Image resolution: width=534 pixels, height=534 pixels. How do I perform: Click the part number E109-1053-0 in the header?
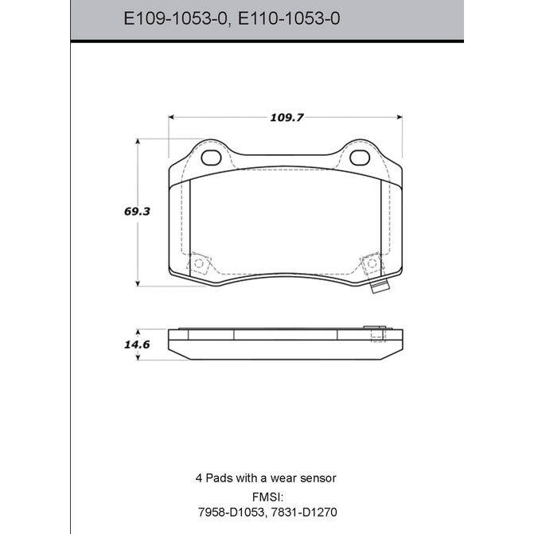[175, 18]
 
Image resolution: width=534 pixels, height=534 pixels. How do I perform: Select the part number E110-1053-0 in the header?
[288, 18]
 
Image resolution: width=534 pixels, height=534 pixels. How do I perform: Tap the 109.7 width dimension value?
[286, 118]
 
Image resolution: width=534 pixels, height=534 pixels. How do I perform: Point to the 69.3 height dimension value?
[137, 212]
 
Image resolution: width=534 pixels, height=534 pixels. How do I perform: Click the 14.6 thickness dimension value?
[137, 345]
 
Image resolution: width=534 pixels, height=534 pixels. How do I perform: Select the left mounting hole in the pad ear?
[211, 158]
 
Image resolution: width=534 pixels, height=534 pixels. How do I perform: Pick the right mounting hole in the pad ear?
[360, 158]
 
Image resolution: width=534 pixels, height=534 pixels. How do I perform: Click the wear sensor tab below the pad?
[380, 288]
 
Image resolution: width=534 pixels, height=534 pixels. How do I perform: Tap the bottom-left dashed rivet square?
[198, 263]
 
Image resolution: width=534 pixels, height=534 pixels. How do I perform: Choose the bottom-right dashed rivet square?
[372, 263]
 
